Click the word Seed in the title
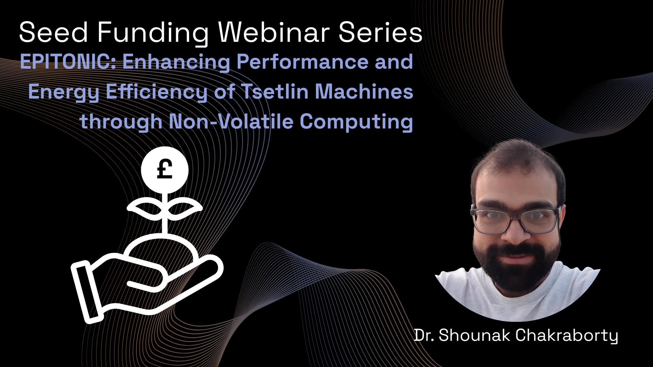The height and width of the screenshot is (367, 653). [54, 33]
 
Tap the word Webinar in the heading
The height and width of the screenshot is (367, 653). [274, 32]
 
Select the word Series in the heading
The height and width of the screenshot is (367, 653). [381, 32]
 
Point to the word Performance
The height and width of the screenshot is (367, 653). [302, 62]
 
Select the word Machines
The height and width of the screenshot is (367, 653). [364, 91]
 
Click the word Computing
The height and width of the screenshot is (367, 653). [356, 122]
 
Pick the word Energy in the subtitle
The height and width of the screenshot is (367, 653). [64, 92]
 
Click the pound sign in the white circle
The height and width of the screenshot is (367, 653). [165, 169]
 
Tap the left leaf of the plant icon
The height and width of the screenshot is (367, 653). [145, 209]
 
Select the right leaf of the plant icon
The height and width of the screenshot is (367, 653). [185, 209]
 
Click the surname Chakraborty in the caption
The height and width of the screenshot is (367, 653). [567, 336]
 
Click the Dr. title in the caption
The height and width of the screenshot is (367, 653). [424, 335]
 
